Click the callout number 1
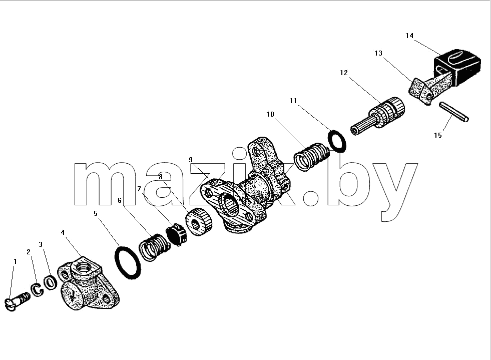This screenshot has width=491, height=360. pyautogui.click(x=15, y=261)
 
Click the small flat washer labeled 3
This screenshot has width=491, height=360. pyautogui.click(x=50, y=283)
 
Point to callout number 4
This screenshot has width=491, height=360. pyautogui.click(x=63, y=232)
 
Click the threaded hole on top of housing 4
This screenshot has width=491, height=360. pyautogui.click(x=84, y=267)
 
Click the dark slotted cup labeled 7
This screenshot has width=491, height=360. pyautogui.click(x=176, y=234)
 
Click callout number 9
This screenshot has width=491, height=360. pyautogui.click(x=190, y=160)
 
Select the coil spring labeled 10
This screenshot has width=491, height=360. pyautogui.click(x=311, y=157)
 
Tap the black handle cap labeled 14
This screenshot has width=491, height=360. pyautogui.click(x=457, y=67)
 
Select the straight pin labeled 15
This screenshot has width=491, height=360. pyautogui.click(x=453, y=112)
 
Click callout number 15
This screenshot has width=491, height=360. pyautogui.click(x=438, y=135)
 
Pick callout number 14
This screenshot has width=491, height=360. pyautogui.click(x=409, y=36)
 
